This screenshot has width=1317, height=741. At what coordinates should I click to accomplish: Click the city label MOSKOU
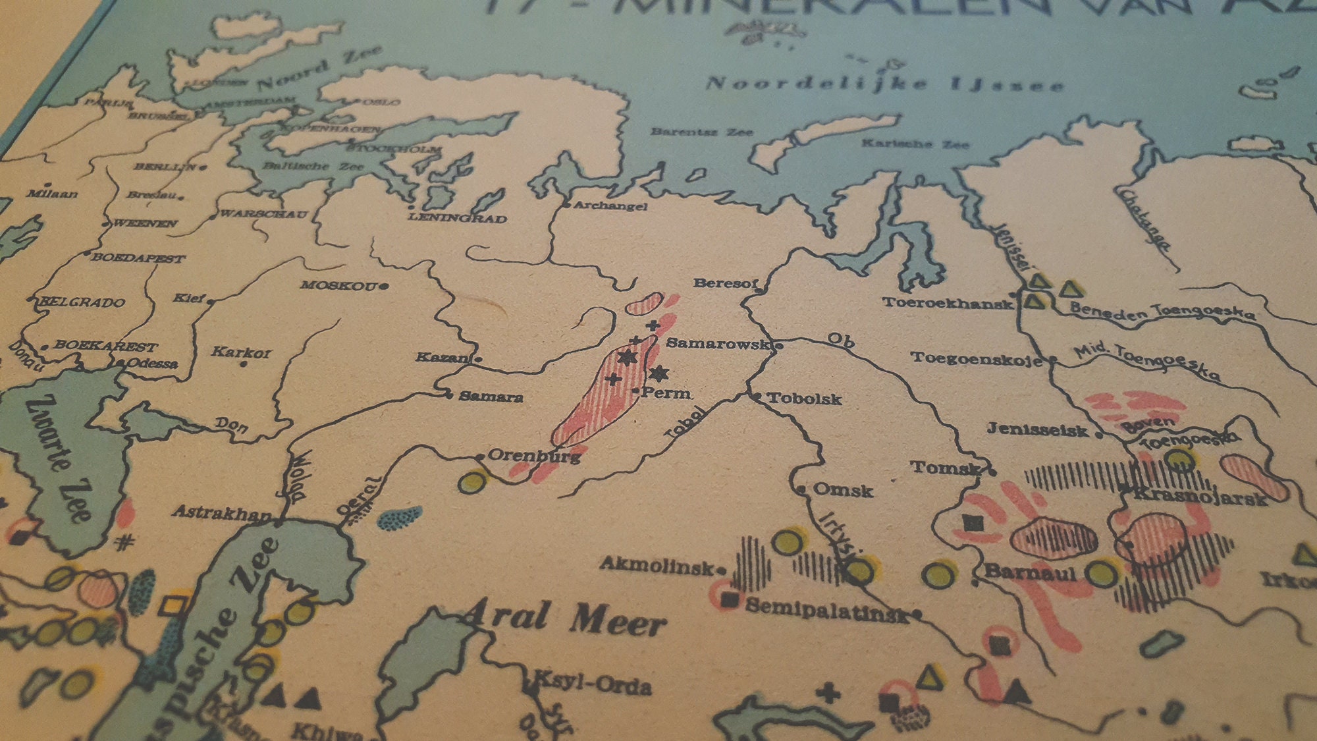click(338, 285)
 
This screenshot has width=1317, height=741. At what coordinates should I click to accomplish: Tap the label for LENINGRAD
click(457, 218)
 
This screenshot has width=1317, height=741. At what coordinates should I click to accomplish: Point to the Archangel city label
click(610, 206)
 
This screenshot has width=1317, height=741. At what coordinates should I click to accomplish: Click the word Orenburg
click(534, 455)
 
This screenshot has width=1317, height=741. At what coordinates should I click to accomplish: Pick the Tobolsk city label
click(804, 398)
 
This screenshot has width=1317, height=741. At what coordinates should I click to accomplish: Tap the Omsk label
click(843, 490)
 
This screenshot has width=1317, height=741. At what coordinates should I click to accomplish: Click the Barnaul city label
click(1030, 572)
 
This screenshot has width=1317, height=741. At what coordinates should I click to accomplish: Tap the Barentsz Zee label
click(701, 132)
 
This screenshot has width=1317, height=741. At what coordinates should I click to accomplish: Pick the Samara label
click(491, 397)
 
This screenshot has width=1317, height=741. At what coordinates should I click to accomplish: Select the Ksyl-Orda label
click(592, 683)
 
